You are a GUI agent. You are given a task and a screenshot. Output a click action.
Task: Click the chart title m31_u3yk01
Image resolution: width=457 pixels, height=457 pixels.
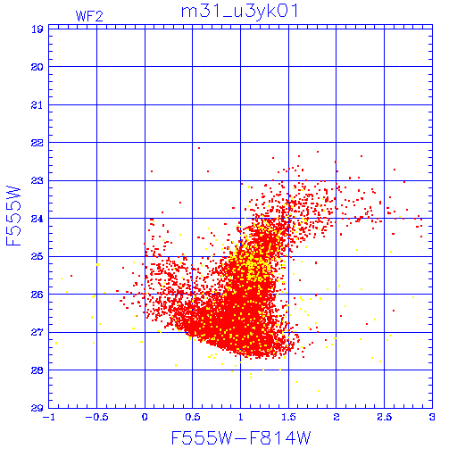click(x=239, y=12)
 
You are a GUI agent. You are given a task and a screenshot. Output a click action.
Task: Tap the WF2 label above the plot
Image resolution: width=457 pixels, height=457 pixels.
click(x=89, y=16)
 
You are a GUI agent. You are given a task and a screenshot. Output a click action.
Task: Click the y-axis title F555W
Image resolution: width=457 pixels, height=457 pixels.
click(x=13, y=216)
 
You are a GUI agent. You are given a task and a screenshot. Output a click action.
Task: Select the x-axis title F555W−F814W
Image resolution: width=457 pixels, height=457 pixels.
click(x=241, y=438)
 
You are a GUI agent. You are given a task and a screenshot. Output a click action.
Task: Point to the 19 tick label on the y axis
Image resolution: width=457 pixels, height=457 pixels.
click(x=37, y=29)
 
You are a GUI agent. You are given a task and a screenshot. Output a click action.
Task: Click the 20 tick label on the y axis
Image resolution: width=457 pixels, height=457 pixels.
click(x=37, y=67)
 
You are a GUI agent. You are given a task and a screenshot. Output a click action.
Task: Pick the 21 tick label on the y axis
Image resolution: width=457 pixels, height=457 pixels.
click(x=37, y=105)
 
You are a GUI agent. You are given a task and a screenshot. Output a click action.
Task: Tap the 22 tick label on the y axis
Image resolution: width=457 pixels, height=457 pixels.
click(x=37, y=143)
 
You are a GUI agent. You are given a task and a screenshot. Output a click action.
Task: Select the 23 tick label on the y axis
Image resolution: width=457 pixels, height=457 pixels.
click(x=37, y=181)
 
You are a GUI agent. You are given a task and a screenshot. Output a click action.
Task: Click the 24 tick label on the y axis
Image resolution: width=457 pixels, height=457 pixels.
click(x=37, y=219)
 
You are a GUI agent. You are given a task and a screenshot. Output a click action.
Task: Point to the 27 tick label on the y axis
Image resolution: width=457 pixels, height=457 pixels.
click(x=37, y=332)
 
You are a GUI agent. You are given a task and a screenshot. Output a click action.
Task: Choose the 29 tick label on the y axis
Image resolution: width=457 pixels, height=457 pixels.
click(x=37, y=408)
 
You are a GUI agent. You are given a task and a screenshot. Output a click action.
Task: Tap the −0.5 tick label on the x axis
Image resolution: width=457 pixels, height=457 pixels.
click(x=96, y=417)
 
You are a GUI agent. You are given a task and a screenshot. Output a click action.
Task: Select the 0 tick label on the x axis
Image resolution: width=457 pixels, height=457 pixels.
click(x=145, y=417)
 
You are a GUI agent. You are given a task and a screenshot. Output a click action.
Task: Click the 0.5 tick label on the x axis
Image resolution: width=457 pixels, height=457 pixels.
click(x=193, y=417)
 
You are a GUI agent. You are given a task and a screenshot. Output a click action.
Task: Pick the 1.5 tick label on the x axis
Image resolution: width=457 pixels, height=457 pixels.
click(x=288, y=417)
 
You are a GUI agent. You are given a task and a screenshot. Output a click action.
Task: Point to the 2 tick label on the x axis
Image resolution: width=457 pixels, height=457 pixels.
click(x=337, y=417)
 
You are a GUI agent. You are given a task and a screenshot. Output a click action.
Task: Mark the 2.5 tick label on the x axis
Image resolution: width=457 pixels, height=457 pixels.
click(x=384, y=417)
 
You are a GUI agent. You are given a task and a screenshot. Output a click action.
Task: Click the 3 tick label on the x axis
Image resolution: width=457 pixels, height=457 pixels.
click(x=432, y=417)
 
